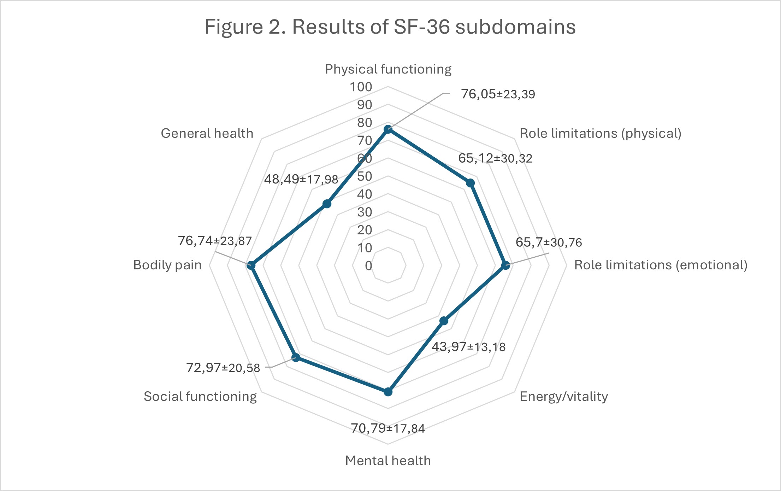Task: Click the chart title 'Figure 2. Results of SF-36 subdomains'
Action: pos(390,27)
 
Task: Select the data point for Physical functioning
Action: pos(388,129)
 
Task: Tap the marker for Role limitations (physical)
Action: pos(470,183)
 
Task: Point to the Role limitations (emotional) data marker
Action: pos(505,265)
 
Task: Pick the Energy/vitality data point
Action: pos(444,321)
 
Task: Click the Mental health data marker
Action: pos(388,392)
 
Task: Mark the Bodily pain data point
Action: pos(251,265)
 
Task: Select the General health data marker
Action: pos(327,204)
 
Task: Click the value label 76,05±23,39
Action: pos(498,94)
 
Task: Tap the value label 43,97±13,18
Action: pos(468,347)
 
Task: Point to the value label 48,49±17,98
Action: pos(301,179)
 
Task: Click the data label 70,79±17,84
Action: pos(388,428)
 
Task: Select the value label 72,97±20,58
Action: pos(223,368)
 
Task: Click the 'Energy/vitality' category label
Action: pos(564,397)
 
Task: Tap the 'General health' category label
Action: pos(207,133)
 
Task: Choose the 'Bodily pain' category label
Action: pos(167,265)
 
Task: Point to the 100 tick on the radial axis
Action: pos(361,87)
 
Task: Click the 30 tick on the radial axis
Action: pos(365,212)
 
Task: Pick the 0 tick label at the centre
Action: pos(368,266)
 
